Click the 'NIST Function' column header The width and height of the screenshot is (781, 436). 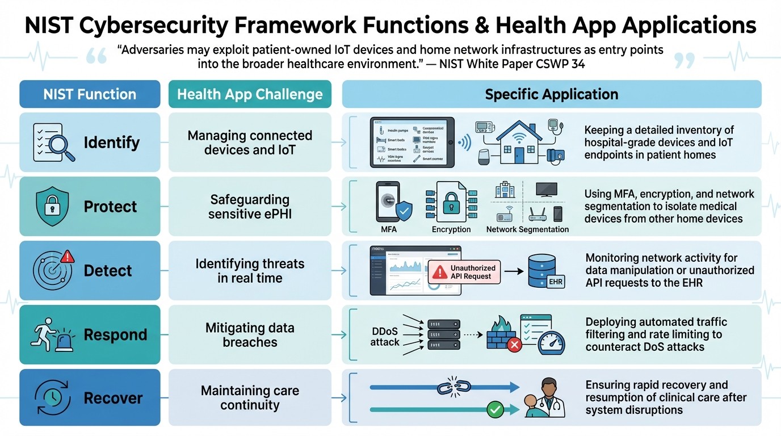click(90, 94)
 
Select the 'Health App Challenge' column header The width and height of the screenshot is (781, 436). click(250, 94)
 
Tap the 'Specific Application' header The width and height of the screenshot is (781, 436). click(551, 94)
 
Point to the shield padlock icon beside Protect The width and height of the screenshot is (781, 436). click(52, 207)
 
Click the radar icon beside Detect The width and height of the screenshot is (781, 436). click(52, 270)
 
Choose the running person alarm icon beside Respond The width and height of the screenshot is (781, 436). click(52, 335)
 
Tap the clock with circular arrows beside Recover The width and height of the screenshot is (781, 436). click(52, 398)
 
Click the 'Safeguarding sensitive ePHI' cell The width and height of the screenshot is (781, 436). click(250, 207)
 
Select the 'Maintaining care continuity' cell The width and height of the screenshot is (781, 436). click(250, 398)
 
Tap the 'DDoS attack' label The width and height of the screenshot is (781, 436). click(385, 336)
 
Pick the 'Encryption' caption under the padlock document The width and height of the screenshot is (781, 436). click(451, 229)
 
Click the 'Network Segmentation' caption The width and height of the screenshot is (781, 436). click(527, 229)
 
